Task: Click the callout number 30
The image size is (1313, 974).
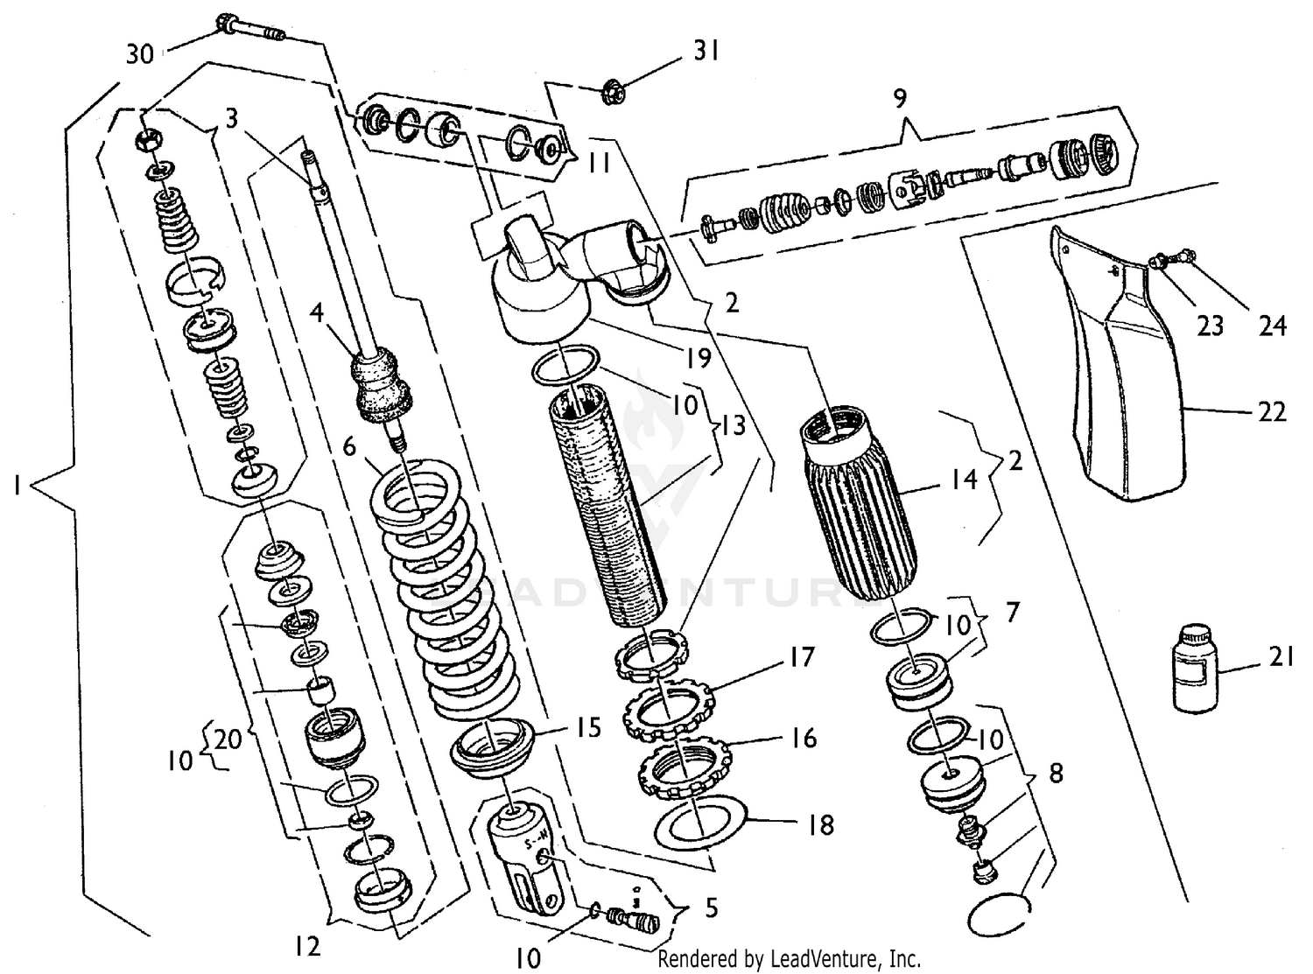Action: [x=139, y=54]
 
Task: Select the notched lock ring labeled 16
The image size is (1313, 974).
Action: [x=685, y=769]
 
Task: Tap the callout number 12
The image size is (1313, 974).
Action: [x=307, y=945]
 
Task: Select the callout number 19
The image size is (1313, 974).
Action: [x=699, y=358]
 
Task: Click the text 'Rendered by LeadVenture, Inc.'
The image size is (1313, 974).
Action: [x=789, y=959]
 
